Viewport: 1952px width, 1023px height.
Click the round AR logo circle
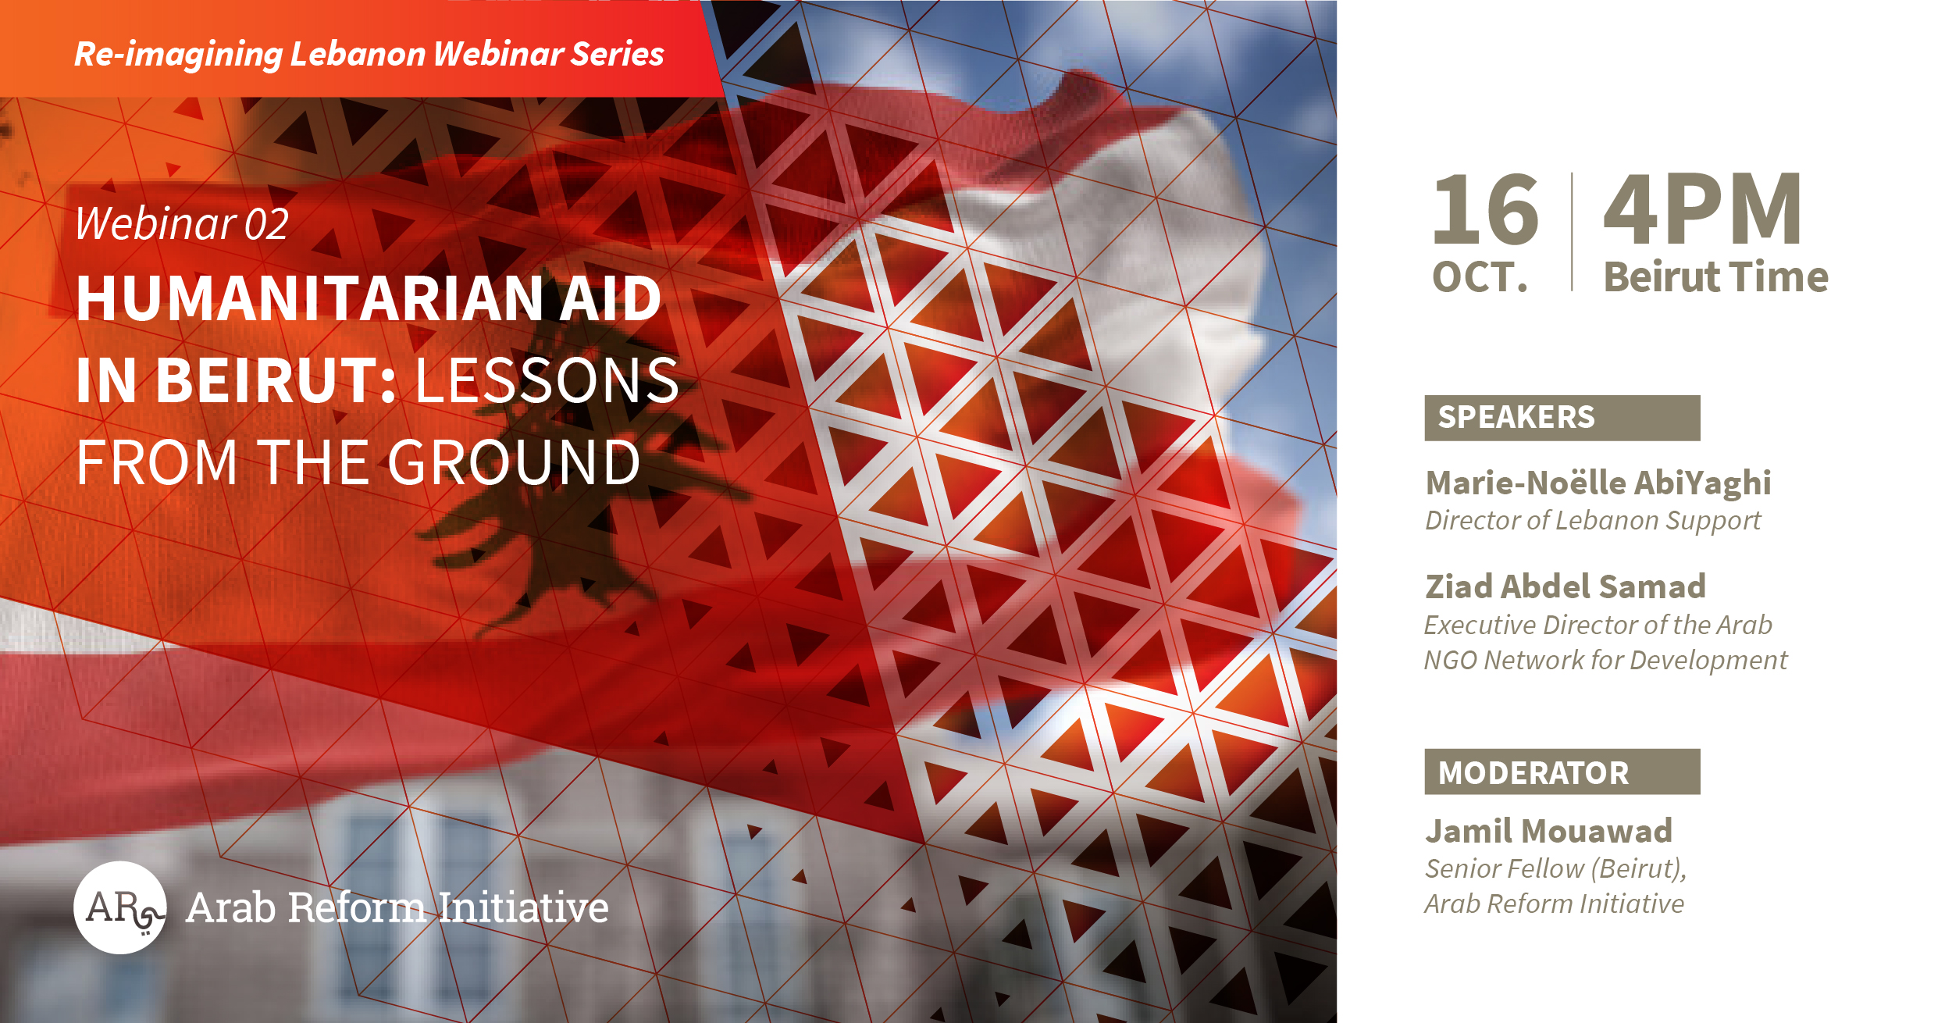coord(120,907)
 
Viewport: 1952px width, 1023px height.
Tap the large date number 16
coord(1486,209)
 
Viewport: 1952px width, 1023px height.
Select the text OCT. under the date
coord(1480,277)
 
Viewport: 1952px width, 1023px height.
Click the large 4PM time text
coord(1702,209)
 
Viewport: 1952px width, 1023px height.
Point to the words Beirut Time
coord(1716,277)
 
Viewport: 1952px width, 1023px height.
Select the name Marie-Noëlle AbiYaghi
coord(1598,483)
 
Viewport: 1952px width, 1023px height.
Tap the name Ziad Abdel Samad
coord(1566,586)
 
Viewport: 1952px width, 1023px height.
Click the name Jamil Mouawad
coord(1549,831)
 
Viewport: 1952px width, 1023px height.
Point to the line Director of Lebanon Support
coord(1593,521)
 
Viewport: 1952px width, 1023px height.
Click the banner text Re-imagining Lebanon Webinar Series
coord(369,54)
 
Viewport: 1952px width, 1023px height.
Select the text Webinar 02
coord(182,223)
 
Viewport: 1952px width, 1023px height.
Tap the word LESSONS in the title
coord(547,380)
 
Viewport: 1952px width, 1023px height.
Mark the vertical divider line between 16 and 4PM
coord(1572,232)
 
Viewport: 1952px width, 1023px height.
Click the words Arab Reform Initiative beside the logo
coord(397,907)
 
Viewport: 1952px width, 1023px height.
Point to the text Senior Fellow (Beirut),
coord(1556,869)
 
